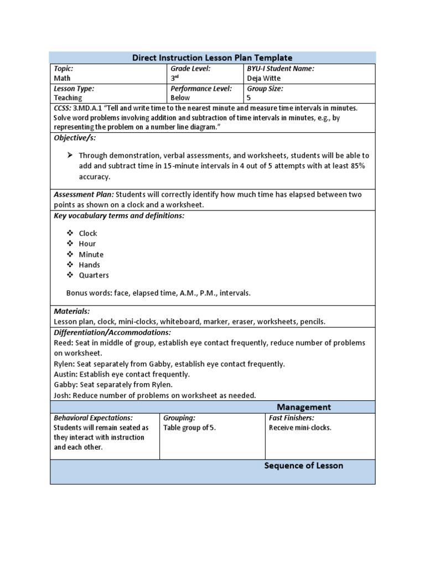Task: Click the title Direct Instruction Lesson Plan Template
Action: (x=212, y=58)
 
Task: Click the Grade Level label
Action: (x=190, y=69)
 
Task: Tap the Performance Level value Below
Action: (x=180, y=98)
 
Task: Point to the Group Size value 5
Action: (x=249, y=98)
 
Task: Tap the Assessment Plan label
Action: (x=84, y=195)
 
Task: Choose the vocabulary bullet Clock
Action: (x=88, y=233)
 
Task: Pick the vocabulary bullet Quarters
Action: (x=94, y=275)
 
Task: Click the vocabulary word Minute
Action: (x=91, y=254)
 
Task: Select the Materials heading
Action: (x=71, y=312)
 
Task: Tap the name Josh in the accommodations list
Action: (x=62, y=395)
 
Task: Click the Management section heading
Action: (x=304, y=407)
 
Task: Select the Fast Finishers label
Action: (x=291, y=418)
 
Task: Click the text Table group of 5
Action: (x=189, y=428)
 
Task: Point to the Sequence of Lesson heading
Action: (x=303, y=466)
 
